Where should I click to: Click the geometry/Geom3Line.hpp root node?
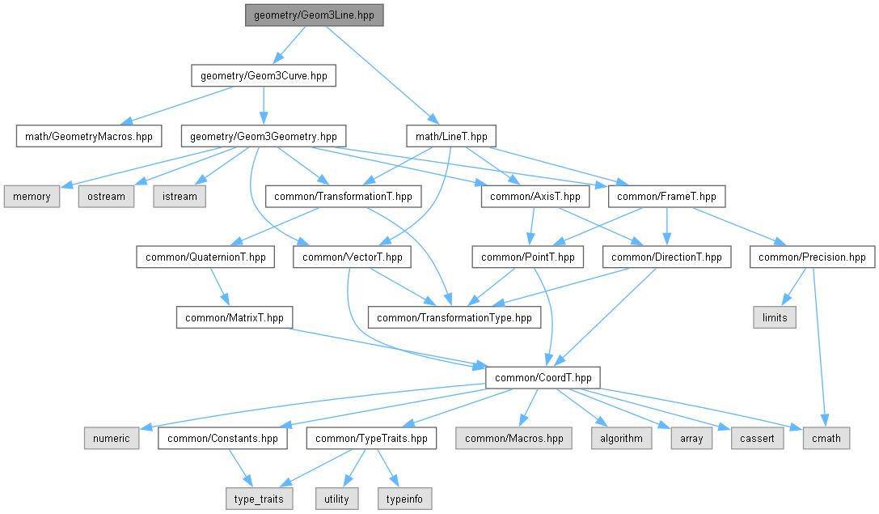coord(314,15)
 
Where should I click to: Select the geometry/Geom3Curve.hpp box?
coord(263,76)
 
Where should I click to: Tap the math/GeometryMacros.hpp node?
coord(88,135)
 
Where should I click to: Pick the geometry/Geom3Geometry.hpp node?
coord(263,135)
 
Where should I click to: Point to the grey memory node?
coord(32,196)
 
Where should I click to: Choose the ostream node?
coord(107,196)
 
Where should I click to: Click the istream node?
coord(180,196)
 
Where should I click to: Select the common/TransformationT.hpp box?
coord(343,196)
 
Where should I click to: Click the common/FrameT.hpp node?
coord(666,196)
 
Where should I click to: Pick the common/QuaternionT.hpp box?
coord(205,257)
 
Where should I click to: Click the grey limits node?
coord(774,317)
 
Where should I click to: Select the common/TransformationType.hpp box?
coord(454,317)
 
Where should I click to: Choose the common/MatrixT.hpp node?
coord(235,317)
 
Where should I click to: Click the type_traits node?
coord(258,499)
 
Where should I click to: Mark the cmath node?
coord(825,439)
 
